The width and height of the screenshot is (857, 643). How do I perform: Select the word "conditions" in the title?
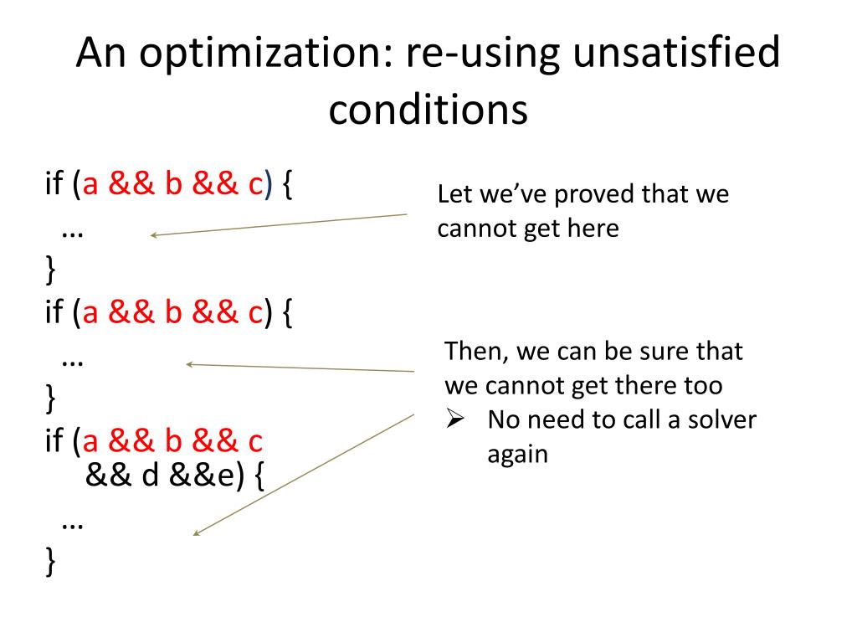click(428, 110)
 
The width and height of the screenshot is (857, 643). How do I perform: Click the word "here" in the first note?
click(591, 229)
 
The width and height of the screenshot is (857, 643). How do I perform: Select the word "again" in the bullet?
click(517, 454)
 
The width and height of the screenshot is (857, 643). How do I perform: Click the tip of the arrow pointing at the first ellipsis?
click(152, 236)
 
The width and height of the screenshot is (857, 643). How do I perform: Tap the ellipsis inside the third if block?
click(73, 522)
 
